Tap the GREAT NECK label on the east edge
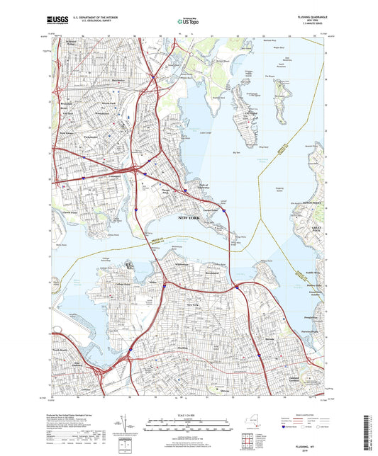pos(318,227)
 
